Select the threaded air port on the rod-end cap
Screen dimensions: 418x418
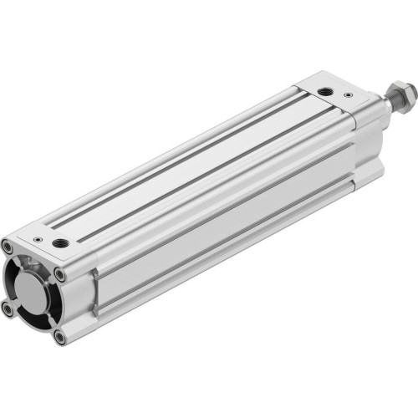coord(324,90)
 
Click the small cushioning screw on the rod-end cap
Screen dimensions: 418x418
coord(348,95)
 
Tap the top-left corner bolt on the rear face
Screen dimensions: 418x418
coord(8,247)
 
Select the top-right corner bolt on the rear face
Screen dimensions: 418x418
coord(59,273)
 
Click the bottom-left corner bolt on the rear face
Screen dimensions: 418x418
coord(8,309)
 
